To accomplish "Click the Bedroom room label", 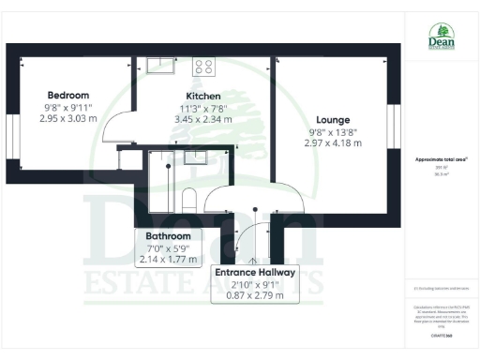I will (x=68, y=96).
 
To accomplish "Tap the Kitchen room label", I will (x=203, y=97).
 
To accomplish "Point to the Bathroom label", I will (x=169, y=235).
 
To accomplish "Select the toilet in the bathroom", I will (x=188, y=198).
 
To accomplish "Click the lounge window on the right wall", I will (x=395, y=125).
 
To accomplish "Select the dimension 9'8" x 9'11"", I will (x=68, y=107).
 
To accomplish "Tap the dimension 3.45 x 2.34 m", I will (x=203, y=119).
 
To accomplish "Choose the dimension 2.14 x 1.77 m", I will (x=169, y=258).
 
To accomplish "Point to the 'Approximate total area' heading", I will (x=437, y=160).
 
